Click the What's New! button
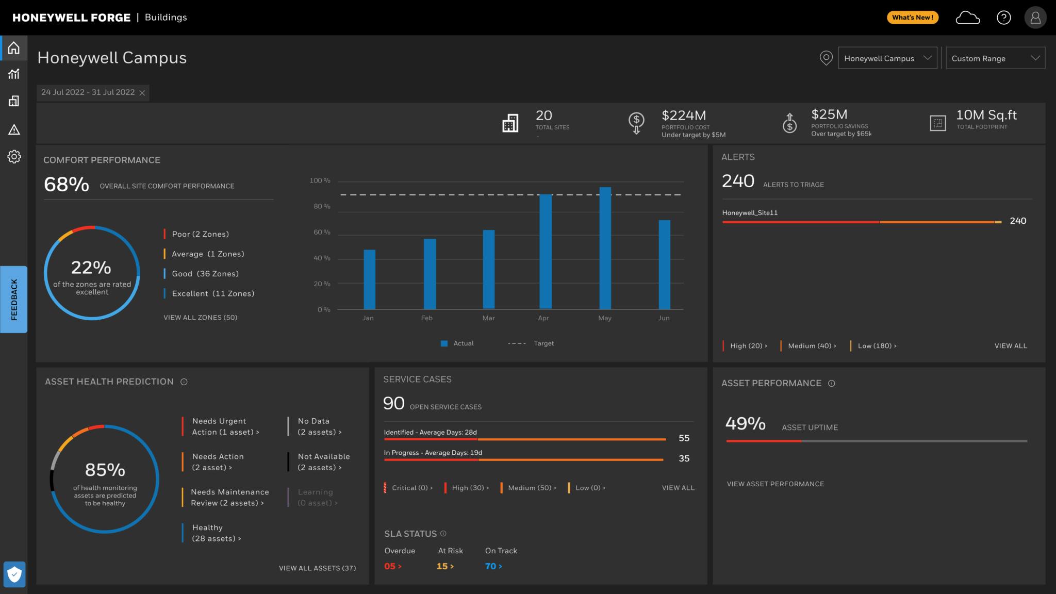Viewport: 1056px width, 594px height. click(912, 18)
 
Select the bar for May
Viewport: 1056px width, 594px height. click(605, 248)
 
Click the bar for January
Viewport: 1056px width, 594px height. click(369, 279)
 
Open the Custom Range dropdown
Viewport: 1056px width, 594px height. click(995, 58)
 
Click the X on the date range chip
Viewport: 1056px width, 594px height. click(142, 93)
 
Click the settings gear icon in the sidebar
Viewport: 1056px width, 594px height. click(14, 157)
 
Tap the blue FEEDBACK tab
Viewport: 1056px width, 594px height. click(14, 300)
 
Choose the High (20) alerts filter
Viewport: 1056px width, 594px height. click(748, 346)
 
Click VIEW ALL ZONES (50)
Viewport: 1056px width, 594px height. click(200, 318)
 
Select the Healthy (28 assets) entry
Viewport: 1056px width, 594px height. click(216, 533)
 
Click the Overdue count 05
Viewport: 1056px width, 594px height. click(392, 566)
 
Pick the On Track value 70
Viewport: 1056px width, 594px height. click(493, 566)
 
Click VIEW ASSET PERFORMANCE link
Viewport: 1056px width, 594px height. click(775, 484)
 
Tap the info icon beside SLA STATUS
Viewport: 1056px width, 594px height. click(443, 534)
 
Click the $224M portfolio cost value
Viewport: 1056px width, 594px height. click(684, 115)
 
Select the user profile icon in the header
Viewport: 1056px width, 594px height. click(1035, 18)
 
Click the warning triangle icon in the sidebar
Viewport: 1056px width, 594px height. click(14, 129)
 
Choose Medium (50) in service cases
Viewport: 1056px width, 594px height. click(531, 488)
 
